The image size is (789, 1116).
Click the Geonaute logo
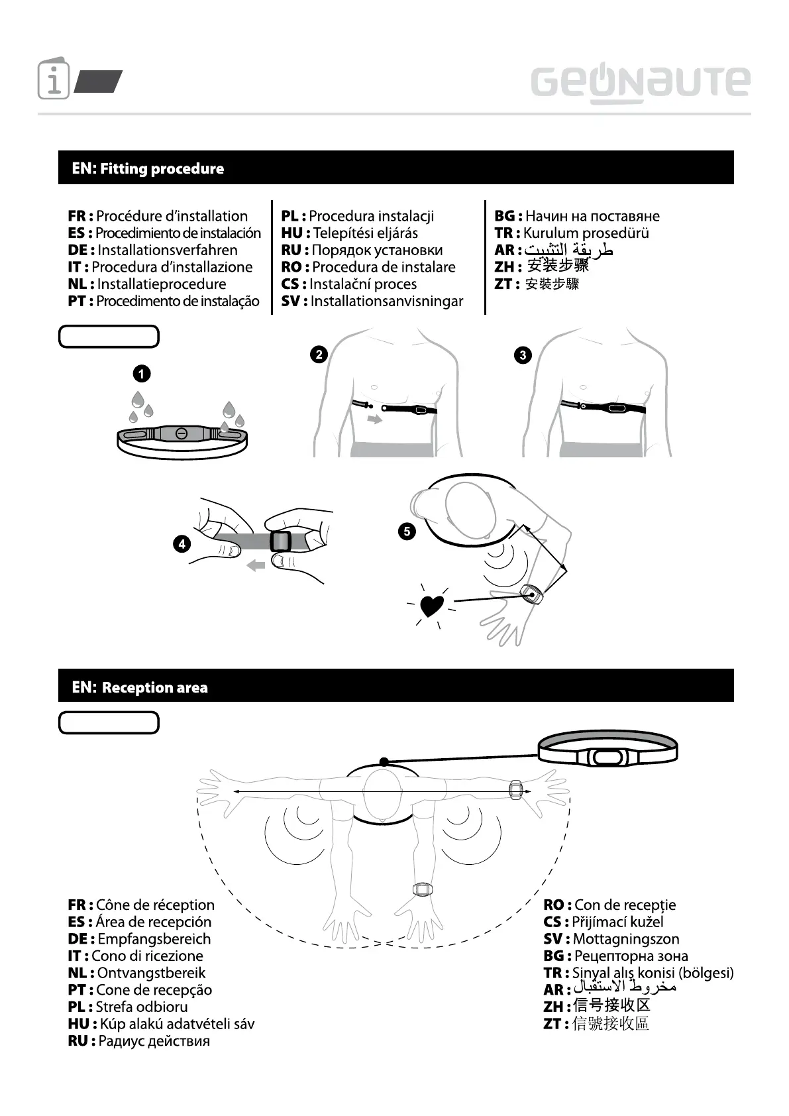tap(640, 84)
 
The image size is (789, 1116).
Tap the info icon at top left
tap(54, 80)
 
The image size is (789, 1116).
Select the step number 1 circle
tap(141, 374)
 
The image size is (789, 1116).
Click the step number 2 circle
tap(319, 355)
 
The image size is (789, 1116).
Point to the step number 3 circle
tap(523, 355)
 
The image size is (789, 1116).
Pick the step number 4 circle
tap(182, 544)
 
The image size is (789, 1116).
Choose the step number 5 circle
tap(407, 531)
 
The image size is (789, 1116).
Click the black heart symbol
tap(432, 605)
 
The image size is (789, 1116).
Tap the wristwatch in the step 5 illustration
tap(531, 594)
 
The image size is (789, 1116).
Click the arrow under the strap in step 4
tap(256, 565)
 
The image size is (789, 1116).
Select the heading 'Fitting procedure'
tap(162, 168)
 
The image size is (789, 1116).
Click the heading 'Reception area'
tap(154, 687)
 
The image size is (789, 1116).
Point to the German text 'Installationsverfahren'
tap(167, 250)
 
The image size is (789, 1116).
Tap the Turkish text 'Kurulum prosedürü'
tap(586, 233)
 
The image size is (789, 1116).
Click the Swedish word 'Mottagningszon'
tap(626, 938)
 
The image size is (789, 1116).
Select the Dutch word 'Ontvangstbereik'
tap(151, 973)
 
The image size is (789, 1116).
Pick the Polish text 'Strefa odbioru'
tap(142, 1007)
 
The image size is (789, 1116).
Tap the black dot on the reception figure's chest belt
tap(384, 762)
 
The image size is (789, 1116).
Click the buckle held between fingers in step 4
tap(281, 541)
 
